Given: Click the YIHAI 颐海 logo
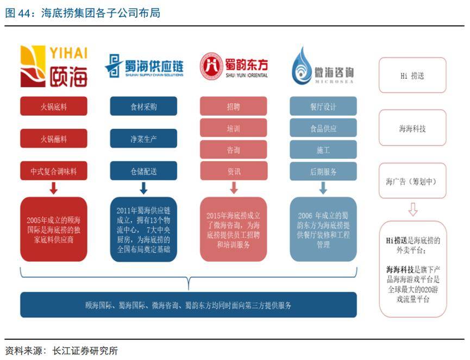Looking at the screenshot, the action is [54, 66].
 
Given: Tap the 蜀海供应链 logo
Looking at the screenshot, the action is [144, 66].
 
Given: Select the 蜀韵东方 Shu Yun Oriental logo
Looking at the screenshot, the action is [234, 66].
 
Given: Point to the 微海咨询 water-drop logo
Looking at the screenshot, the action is [323, 65].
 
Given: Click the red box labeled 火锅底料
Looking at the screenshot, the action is [54, 106].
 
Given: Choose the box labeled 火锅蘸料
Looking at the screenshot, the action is [54, 138].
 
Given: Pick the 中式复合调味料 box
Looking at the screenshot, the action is [54, 170].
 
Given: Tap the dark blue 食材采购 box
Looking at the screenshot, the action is [143, 106].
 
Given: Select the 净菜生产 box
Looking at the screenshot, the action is [143, 138].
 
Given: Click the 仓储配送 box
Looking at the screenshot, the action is [143, 170].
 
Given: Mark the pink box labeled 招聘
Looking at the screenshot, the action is [234, 106].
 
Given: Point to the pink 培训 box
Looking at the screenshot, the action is [234, 128].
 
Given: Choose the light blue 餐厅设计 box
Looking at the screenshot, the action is [323, 106].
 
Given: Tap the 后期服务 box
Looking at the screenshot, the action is [323, 171].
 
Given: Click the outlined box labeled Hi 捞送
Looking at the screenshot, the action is [412, 75].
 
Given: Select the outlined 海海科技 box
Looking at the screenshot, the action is [412, 128].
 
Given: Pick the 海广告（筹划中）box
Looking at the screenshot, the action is [412, 181].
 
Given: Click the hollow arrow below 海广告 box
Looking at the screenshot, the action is [413, 210].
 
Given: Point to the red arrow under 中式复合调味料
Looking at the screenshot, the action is [54, 188].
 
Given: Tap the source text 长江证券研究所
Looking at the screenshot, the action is [85, 351].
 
